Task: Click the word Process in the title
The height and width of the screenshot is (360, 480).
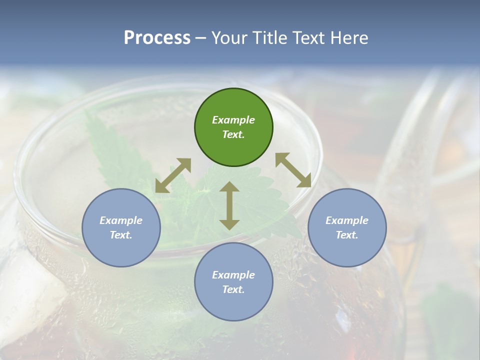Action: tap(157, 38)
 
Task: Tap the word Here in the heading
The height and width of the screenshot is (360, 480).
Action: tap(349, 38)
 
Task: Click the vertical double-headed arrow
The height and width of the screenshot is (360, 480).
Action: tap(229, 205)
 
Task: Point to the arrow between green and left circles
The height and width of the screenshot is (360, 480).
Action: tap(173, 175)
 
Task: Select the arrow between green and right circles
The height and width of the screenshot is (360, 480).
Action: tap(293, 170)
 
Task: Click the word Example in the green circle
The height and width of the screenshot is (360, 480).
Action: tap(233, 120)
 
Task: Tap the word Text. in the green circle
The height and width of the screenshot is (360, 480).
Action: tap(233, 134)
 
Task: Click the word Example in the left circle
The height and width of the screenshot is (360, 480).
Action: tap(121, 220)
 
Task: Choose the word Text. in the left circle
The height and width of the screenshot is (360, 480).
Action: tap(121, 235)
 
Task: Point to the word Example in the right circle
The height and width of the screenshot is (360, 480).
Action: tap(347, 220)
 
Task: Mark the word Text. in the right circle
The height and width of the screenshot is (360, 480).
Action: tap(347, 235)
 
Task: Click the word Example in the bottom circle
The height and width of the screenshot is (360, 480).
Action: tap(233, 275)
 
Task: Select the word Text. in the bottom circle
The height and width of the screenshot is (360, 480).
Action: tap(233, 289)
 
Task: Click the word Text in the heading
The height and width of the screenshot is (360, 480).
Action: tap(310, 38)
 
